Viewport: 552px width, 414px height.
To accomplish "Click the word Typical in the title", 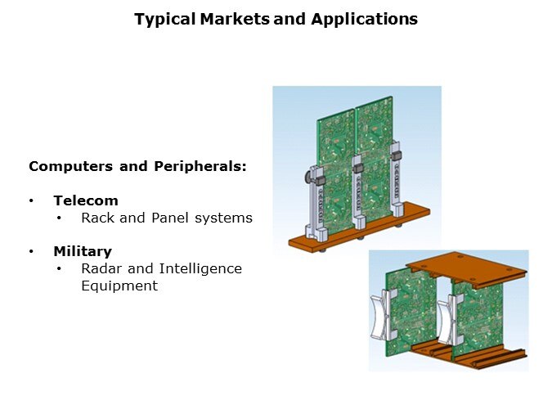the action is [164, 20].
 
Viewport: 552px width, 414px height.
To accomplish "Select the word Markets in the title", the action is [235, 19].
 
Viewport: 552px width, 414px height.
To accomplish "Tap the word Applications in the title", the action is [365, 20].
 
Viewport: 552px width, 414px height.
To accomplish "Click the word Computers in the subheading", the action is [71, 166].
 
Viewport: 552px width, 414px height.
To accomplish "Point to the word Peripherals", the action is [200, 166].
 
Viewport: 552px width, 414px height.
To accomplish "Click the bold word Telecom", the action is [86, 200].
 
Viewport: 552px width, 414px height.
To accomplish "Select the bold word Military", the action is [83, 251].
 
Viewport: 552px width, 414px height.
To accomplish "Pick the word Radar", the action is [101, 268].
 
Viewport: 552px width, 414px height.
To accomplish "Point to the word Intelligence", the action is [200, 269].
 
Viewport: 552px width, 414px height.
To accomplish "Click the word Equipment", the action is [119, 286].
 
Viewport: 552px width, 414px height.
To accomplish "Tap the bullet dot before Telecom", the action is [31, 200].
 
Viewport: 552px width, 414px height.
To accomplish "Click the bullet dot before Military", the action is [31, 251].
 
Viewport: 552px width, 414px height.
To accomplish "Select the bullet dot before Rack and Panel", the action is [59, 218].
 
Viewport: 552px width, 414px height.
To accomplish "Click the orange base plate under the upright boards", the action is [359, 229].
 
